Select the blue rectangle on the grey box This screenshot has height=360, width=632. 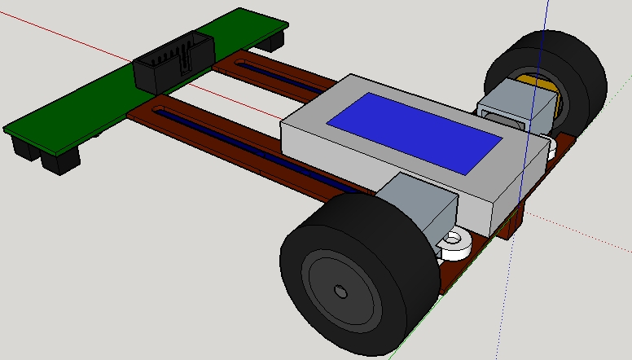414,131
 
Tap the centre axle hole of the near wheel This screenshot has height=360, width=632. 340,291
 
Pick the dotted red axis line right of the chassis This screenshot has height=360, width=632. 595,236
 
